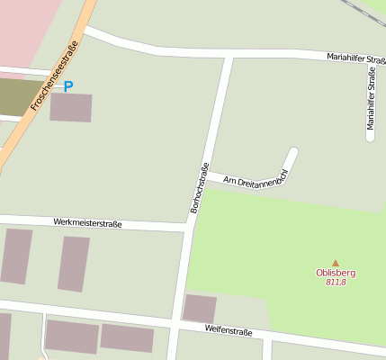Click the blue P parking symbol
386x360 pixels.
pyautogui.click(x=69, y=86)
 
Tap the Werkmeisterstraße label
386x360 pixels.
pyautogui.click(x=87, y=221)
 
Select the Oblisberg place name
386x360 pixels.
pyautogui.click(x=336, y=273)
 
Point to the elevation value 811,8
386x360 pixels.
pyautogui.click(x=336, y=282)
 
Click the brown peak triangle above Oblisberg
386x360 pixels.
pyautogui.click(x=336, y=263)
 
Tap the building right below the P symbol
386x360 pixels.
pyautogui.click(x=70, y=107)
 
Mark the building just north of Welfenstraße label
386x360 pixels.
pyautogui.click(x=199, y=308)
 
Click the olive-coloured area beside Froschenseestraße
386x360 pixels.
pyautogui.click(x=20, y=96)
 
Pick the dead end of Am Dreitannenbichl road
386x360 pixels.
pyautogui.click(x=293, y=150)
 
